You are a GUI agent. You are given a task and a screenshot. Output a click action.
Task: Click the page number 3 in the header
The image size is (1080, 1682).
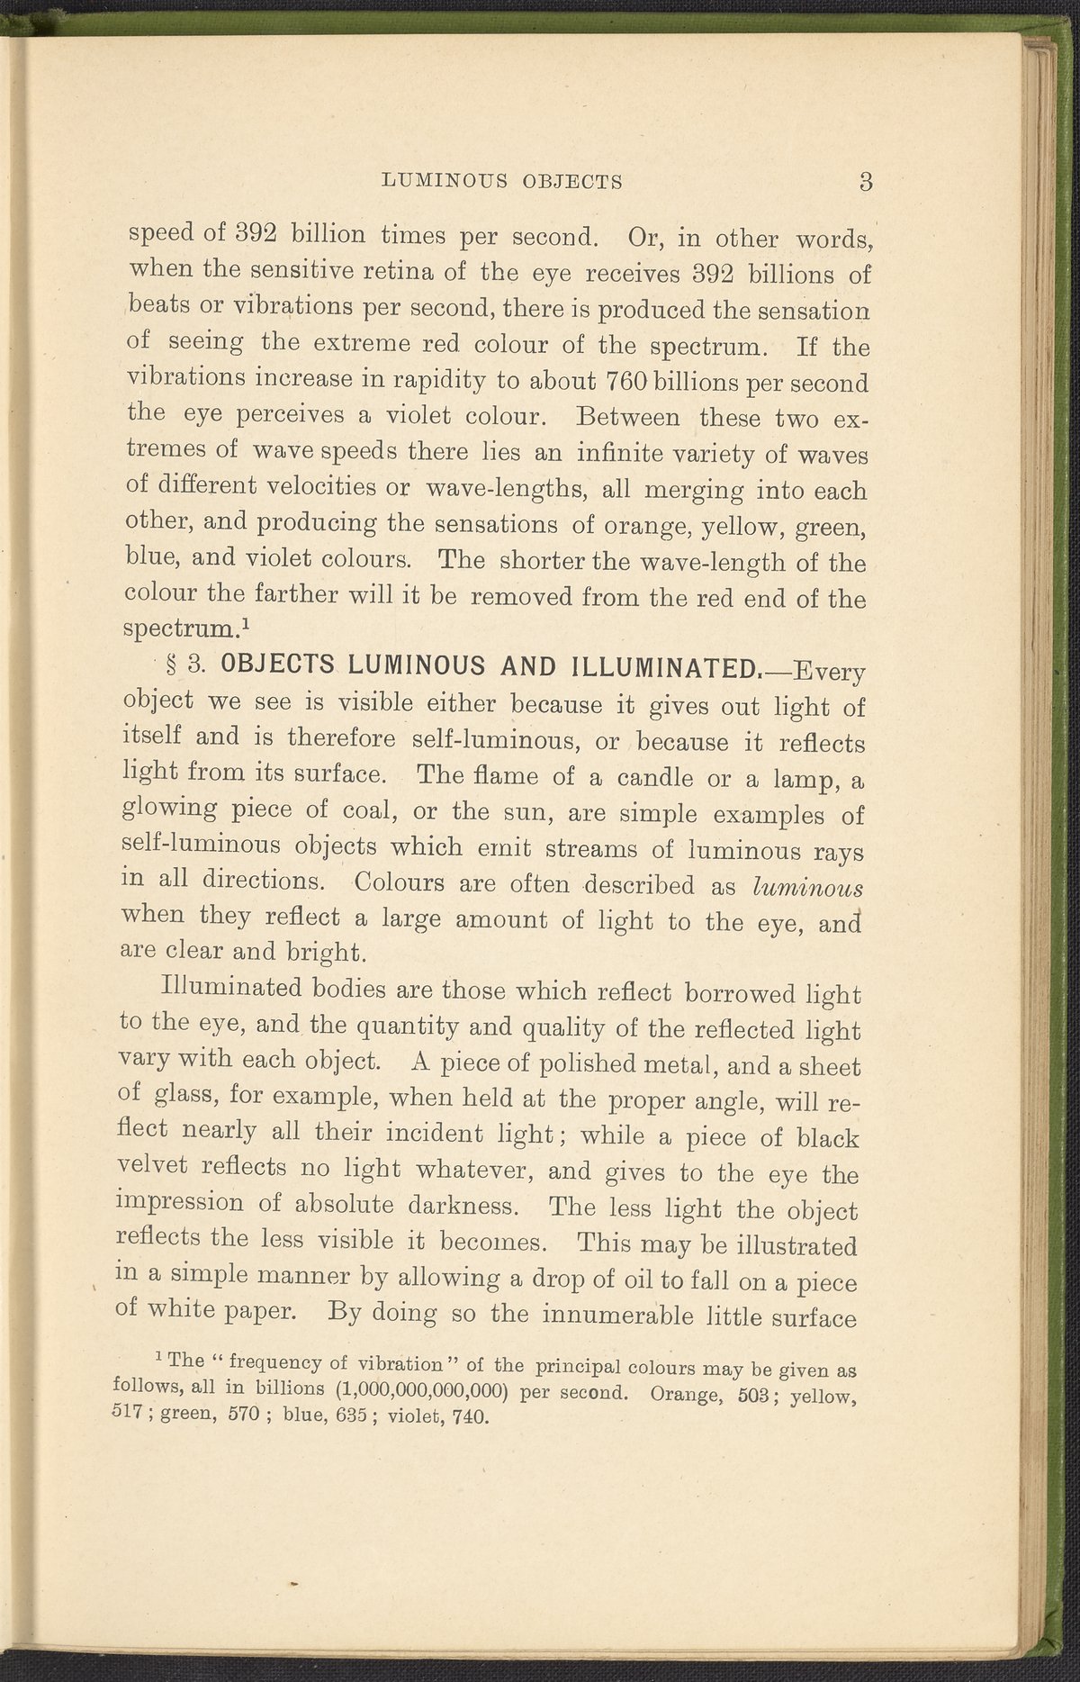[866, 181]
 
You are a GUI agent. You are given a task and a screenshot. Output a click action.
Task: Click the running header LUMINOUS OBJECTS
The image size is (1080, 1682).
[503, 181]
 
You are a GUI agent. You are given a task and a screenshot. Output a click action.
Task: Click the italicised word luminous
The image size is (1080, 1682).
[807, 886]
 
